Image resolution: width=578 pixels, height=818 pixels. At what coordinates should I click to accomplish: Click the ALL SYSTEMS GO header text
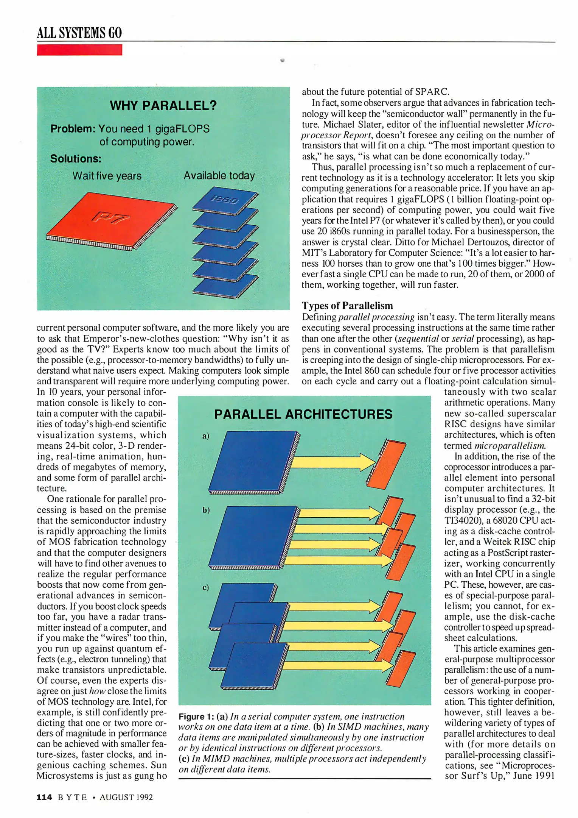click(x=79, y=33)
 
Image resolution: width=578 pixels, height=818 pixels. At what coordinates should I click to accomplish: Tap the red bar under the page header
click(x=79, y=50)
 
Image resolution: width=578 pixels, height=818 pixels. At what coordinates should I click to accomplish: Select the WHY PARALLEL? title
click(x=163, y=105)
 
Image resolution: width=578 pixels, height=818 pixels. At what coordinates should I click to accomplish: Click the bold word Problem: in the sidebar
click(x=73, y=129)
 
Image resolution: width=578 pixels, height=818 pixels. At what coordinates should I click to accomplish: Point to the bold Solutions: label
click(x=76, y=159)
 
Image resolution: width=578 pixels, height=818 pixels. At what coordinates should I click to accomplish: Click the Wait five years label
click(x=107, y=176)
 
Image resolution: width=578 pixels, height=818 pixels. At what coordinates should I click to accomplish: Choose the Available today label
click(x=219, y=176)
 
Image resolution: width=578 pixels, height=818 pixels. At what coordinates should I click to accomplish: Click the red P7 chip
click(x=110, y=220)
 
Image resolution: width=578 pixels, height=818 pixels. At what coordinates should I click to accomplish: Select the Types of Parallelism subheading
click(x=347, y=306)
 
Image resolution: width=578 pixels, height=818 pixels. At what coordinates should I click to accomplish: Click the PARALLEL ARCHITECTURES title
click(x=303, y=414)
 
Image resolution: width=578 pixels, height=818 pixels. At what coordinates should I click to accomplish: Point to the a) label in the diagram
click(x=206, y=436)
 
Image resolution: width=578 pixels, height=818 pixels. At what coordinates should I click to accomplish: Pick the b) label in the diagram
click(x=206, y=510)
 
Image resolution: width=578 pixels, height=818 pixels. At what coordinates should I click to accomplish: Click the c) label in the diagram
click(x=206, y=587)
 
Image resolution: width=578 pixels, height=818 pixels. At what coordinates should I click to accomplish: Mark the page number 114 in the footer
click(x=44, y=797)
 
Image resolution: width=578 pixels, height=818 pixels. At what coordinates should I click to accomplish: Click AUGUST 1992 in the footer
click(x=126, y=797)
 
